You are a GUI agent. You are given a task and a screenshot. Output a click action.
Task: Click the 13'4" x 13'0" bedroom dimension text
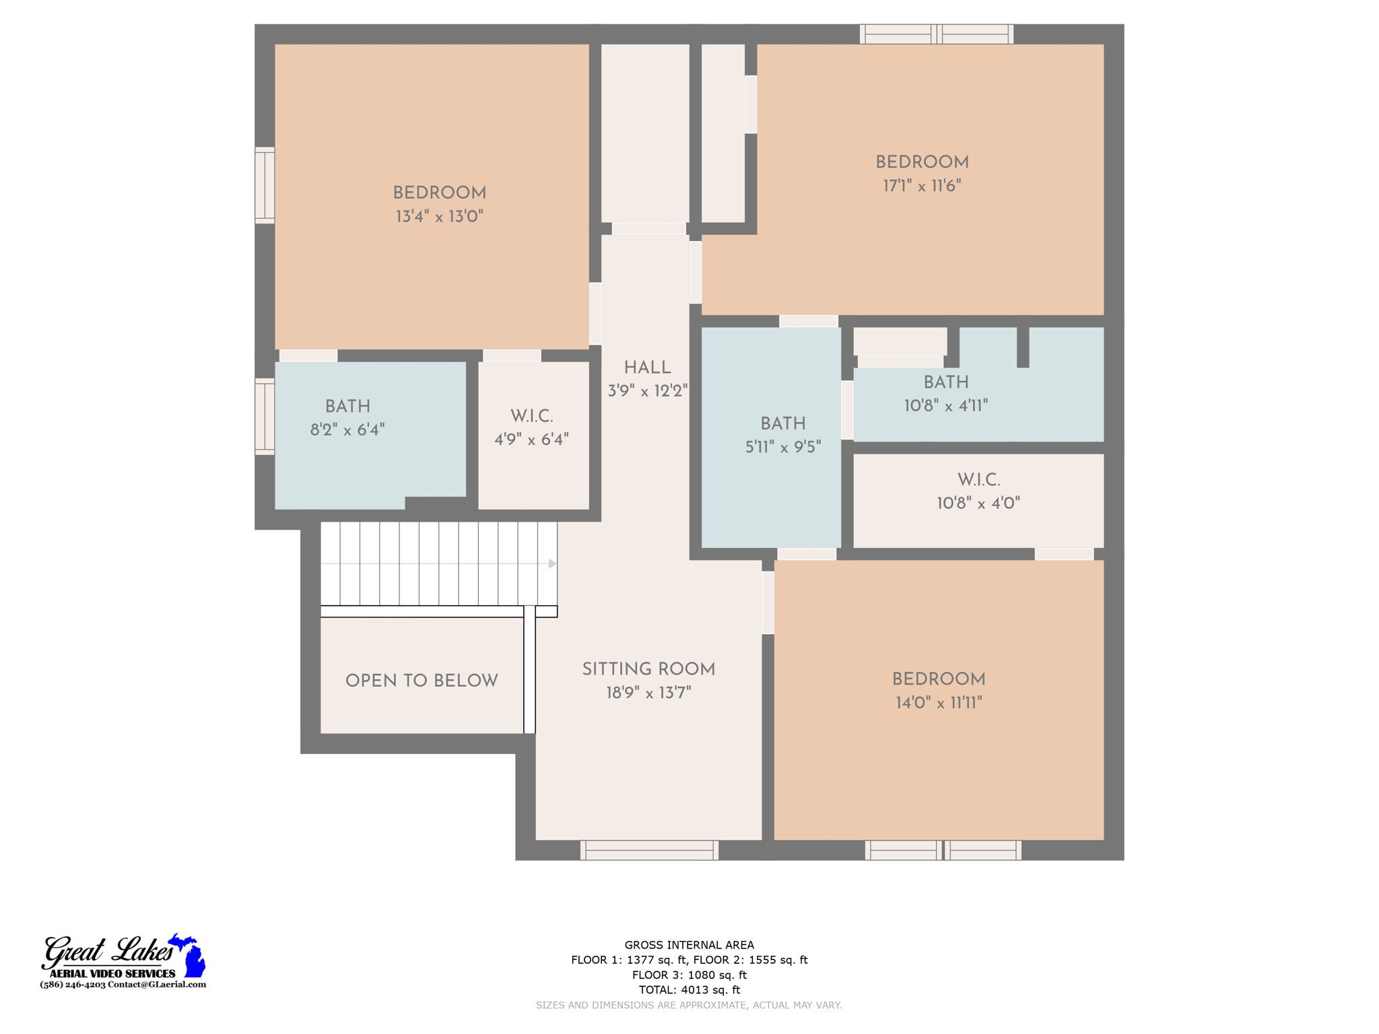(x=439, y=217)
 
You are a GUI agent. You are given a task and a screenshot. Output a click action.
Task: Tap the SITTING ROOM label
(x=648, y=669)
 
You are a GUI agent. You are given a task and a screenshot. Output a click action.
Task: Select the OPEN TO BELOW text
(x=422, y=681)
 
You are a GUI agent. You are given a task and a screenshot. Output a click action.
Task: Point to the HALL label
(x=647, y=368)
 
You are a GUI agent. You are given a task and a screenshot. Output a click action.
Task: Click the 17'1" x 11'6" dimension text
(x=922, y=186)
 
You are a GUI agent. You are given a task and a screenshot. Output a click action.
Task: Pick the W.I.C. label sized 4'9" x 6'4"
(x=531, y=416)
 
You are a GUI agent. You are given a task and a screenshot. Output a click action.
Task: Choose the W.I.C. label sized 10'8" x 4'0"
(x=978, y=480)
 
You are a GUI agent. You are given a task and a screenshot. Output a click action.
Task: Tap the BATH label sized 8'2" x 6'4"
(x=347, y=407)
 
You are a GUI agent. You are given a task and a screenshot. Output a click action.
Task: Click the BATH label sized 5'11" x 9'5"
(x=782, y=423)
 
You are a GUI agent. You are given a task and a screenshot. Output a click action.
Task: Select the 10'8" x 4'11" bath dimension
(x=945, y=405)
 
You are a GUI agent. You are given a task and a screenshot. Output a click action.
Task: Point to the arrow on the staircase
(x=552, y=563)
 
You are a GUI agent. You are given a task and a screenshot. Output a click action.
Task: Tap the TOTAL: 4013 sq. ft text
(x=689, y=990)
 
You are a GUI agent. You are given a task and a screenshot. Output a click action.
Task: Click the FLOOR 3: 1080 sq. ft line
(x=689, y=975)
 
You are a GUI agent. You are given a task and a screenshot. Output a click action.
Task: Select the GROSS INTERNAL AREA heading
(x=689, y=945)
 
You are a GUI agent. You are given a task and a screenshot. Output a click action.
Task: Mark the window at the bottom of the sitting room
(x=649, y=850)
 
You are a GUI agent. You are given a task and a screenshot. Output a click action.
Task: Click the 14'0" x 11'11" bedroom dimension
(x=939, y=703)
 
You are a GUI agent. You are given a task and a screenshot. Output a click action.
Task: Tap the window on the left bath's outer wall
(x=265, y=416)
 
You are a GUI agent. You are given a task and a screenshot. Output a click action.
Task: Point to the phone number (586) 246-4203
(x=73, y=984)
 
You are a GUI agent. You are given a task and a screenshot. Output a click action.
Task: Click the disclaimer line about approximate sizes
(x=689, y=1005)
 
